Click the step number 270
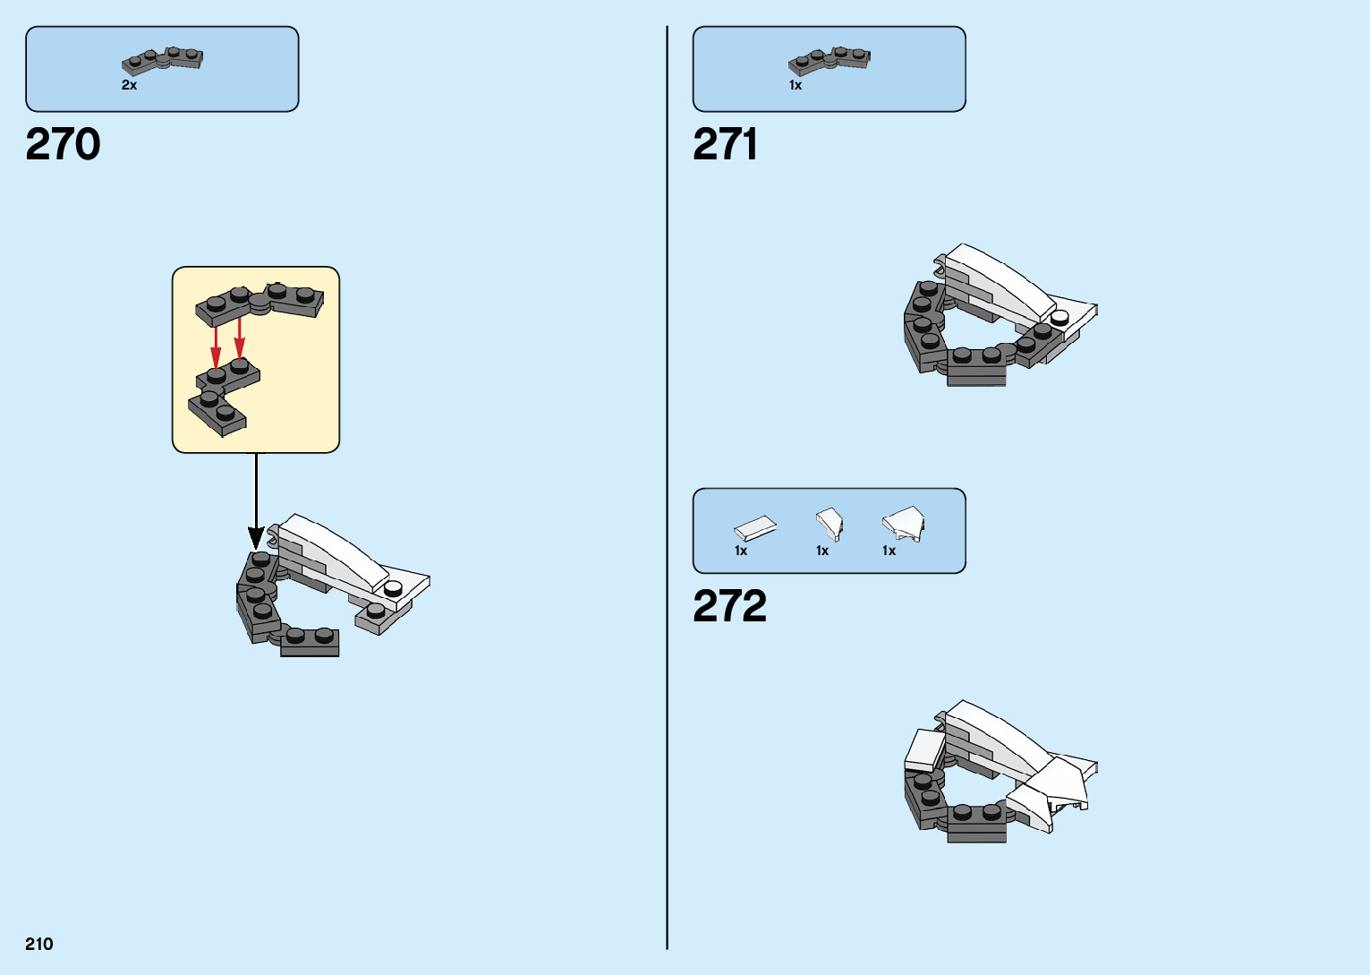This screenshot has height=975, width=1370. pyautogui.click(x=63, y=144)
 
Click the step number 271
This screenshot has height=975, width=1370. pyautogui.click(x=725, y=144)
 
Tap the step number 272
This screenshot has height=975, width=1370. pyautogui.click(x=729, y=606)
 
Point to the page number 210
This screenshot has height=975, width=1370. pyautogui.click(x=39, y=944)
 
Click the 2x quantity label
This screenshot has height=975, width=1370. pyautogui.click(x=130, y=85)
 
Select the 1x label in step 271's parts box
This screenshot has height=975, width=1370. pyautogui.click(x=796, y=85)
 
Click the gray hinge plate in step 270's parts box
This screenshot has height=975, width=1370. pyautogui.click(x=163, y=60)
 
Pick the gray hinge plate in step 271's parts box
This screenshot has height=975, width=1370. pyautogui.click(x=830, y=60)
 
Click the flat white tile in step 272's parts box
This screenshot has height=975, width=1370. pyautogui.click(x=755, y=528)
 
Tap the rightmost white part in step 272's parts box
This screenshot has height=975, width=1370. pyautogui.click(x=904, y=523)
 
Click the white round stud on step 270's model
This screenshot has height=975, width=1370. pyautogui.click(x=393, y=588)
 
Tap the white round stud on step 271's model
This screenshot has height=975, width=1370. pyautogui.click(x=1060, y=317)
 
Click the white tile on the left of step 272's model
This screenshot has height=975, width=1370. pyautogui.click(x=924, y=749)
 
